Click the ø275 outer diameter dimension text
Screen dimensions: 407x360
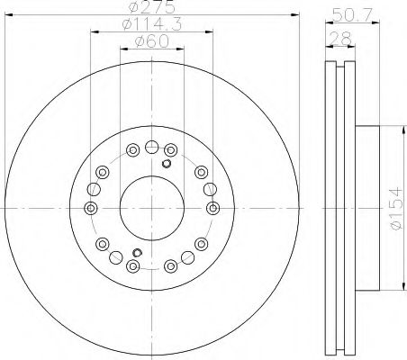(151, 6)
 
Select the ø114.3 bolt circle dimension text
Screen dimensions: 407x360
(152, 24)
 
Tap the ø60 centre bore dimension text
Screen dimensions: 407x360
(152, 41)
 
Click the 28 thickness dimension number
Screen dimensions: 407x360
(340, 39)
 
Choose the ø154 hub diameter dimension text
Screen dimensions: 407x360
(396, 208)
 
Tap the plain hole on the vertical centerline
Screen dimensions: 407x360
(151, 147)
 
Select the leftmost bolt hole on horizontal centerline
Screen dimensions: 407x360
(91, 208)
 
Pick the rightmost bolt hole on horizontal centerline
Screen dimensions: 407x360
(213, 208)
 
